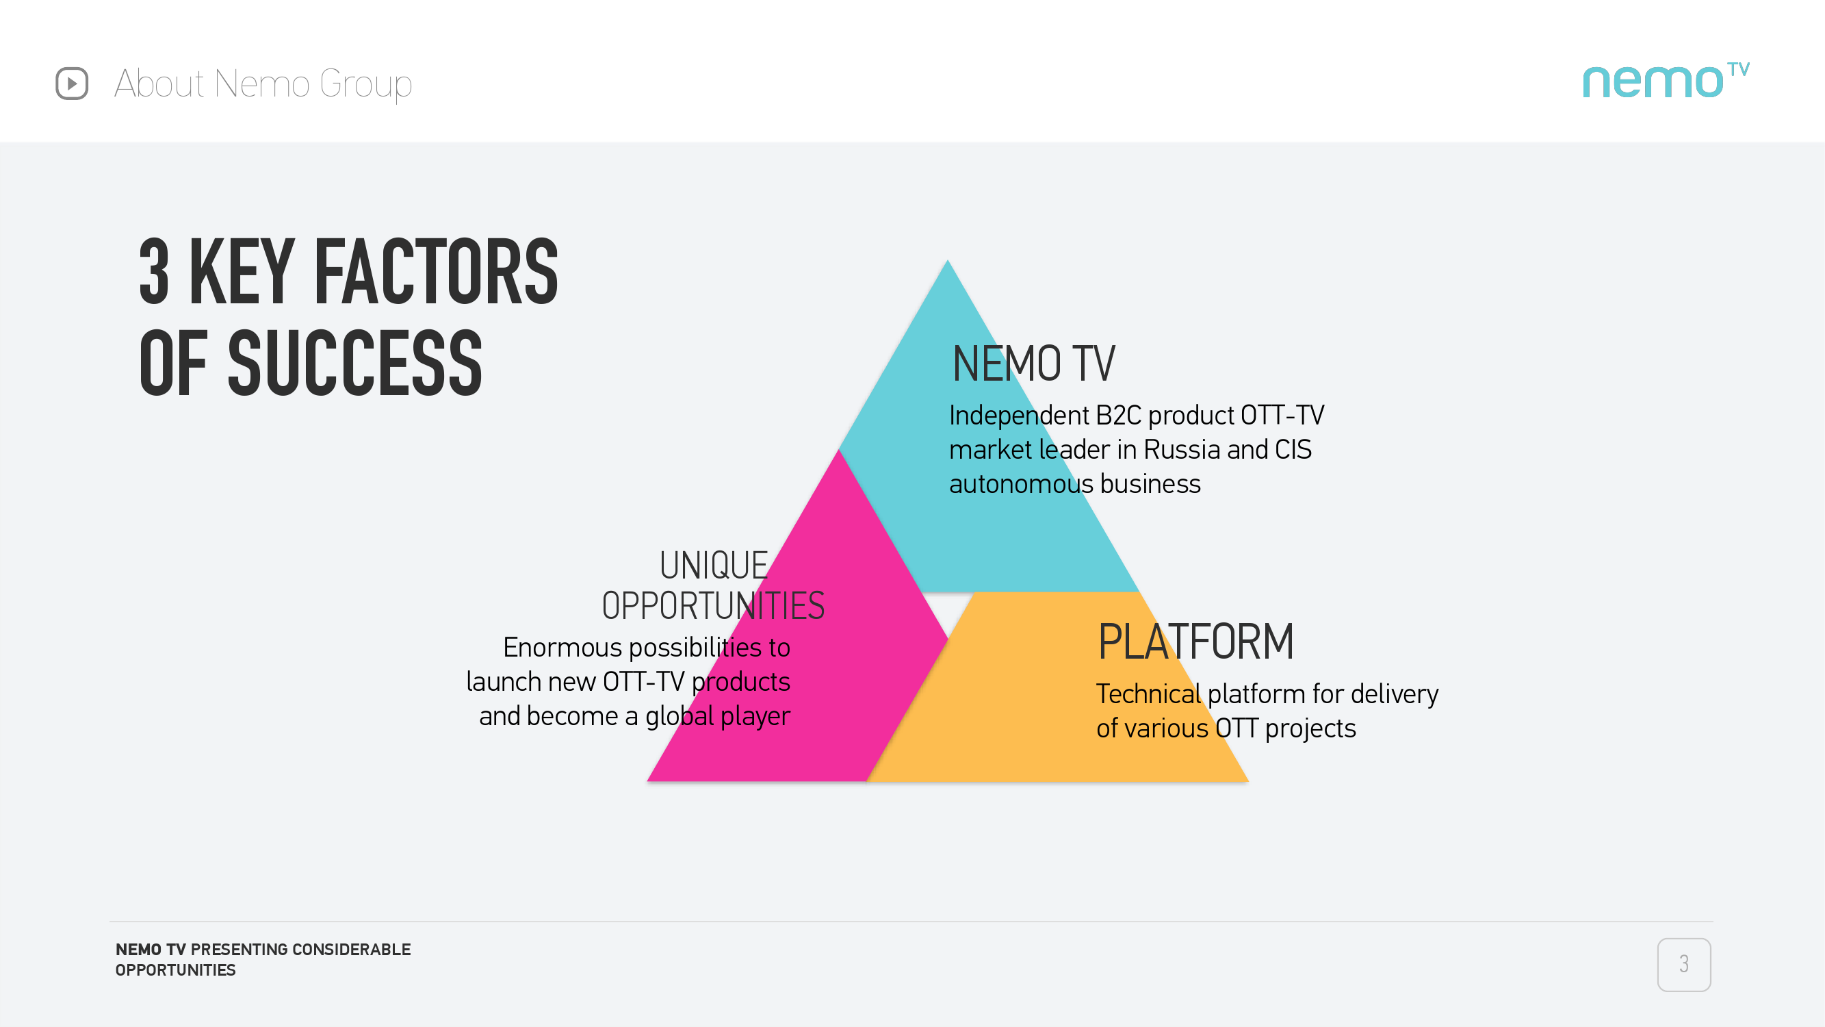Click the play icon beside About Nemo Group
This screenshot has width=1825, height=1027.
72,84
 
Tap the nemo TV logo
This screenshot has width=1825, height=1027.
1666,80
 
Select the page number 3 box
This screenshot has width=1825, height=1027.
1683,964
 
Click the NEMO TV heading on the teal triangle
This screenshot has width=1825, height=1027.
1034,364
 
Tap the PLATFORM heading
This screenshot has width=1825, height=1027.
1195,642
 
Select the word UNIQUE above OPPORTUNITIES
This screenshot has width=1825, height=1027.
714,566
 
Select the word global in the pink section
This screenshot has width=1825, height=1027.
679,716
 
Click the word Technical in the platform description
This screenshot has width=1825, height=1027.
1148,694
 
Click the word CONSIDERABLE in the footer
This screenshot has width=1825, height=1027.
352,950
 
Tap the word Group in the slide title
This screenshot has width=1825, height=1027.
365,84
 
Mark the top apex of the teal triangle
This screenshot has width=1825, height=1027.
947,260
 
